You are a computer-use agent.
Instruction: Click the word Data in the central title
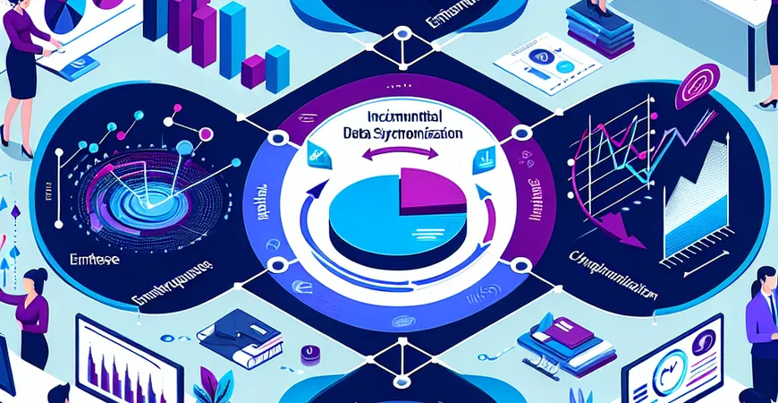point(358,132)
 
